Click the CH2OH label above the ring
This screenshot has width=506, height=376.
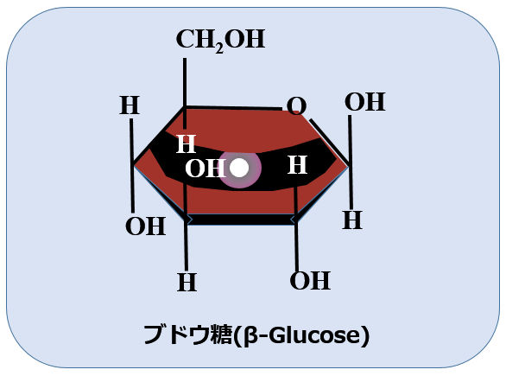(221, 40)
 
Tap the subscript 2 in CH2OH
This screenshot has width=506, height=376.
(219, 48)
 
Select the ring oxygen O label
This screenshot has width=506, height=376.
(296, 105)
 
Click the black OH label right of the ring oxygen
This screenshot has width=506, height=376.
(365, 102)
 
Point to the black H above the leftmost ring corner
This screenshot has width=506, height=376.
(130, 105)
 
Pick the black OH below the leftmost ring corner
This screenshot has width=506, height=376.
(146, 226)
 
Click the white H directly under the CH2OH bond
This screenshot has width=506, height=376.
(187, 143)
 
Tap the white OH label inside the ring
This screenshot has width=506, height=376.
(206, 169)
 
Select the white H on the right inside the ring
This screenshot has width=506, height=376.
(297, 165)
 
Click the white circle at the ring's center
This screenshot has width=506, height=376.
(239, 168)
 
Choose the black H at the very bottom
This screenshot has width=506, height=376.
(187, 283)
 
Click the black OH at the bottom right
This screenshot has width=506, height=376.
(310, 280)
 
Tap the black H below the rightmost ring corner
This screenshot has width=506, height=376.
(352, 220)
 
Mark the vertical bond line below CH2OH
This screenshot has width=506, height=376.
(185, 93)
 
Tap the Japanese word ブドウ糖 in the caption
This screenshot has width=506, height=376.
(188, 335)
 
